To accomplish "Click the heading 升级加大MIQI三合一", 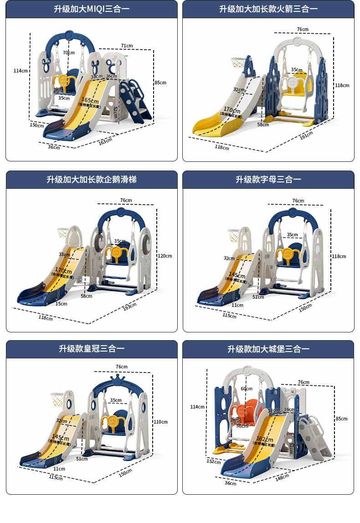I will (92, 9).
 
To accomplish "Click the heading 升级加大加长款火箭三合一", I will (268, 9).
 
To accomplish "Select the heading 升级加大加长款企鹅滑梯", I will (92, 180).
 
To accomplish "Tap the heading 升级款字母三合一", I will (268, 180).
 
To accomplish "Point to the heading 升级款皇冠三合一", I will (92, 349).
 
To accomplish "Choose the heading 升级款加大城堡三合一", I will (268, 349).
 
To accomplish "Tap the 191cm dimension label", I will (306, 135).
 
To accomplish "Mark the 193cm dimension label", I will (129, 306).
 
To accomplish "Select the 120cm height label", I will (165, 256).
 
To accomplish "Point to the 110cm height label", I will (161, 422).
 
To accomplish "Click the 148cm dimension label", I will (282, 477).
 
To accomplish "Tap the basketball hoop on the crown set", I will (57, 398).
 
